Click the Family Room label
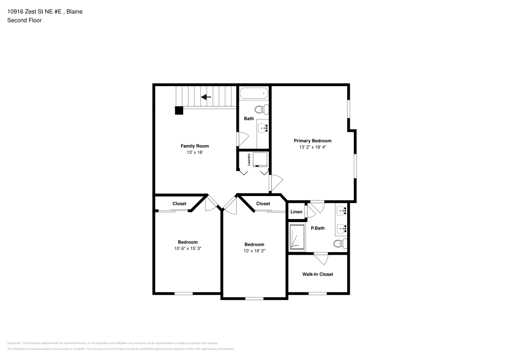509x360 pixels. pos(194,146)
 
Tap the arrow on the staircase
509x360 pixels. pos(206,97)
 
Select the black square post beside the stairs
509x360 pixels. pos(179,110)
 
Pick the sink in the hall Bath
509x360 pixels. pos(263,127)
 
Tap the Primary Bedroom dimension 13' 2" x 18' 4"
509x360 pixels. pos(312,147)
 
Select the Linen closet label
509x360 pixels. pos(296,212)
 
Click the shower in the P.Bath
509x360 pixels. pos(297,237)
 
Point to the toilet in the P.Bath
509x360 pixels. pos(341,243)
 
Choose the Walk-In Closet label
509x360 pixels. pos(318,274)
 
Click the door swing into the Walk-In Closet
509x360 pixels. pos(321,258)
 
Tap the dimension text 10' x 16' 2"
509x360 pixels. pos(254,251)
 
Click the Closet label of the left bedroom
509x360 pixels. pos(179,204)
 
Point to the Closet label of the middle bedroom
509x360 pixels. pos(263,204)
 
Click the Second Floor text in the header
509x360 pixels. pos(24,20)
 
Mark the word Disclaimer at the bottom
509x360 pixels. pos(14,343)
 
